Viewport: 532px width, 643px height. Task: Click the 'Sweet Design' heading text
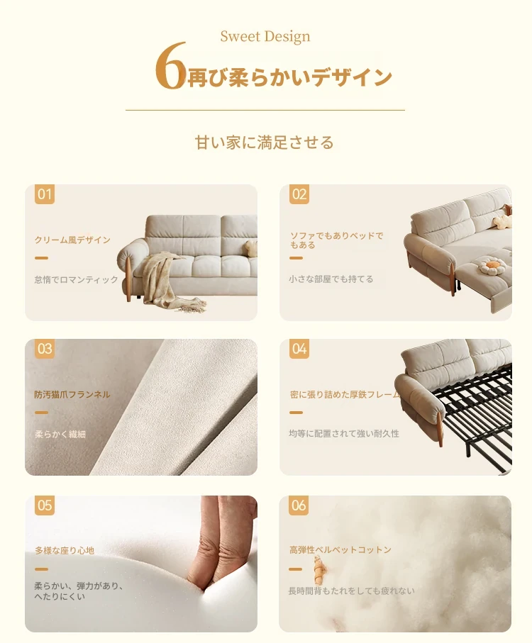265,36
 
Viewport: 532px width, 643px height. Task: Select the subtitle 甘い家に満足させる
265,142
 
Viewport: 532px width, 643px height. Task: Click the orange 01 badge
45,194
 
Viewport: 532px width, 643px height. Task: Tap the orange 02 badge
299,194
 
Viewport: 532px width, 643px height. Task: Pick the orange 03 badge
45,349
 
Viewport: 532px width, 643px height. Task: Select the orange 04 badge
299,349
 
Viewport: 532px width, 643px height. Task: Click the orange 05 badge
45,505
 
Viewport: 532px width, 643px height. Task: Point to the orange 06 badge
299,505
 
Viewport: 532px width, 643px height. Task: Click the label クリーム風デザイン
72,240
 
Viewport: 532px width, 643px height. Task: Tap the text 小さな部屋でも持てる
331,279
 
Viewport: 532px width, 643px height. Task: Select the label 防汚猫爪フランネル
72,394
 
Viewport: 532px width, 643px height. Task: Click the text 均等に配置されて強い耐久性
344,433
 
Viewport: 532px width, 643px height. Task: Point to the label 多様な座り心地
65,550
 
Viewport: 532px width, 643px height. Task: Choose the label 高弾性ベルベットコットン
340,549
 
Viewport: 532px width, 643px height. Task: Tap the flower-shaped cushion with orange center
491,266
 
